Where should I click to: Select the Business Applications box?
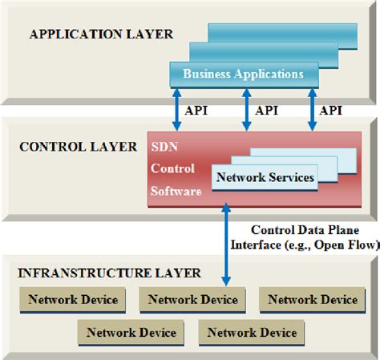243,74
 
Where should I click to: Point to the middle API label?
267,110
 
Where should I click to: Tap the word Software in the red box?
175,192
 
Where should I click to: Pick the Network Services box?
265,176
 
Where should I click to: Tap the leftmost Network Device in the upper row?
73,300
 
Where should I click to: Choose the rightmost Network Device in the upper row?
312,300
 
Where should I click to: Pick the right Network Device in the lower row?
253,332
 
